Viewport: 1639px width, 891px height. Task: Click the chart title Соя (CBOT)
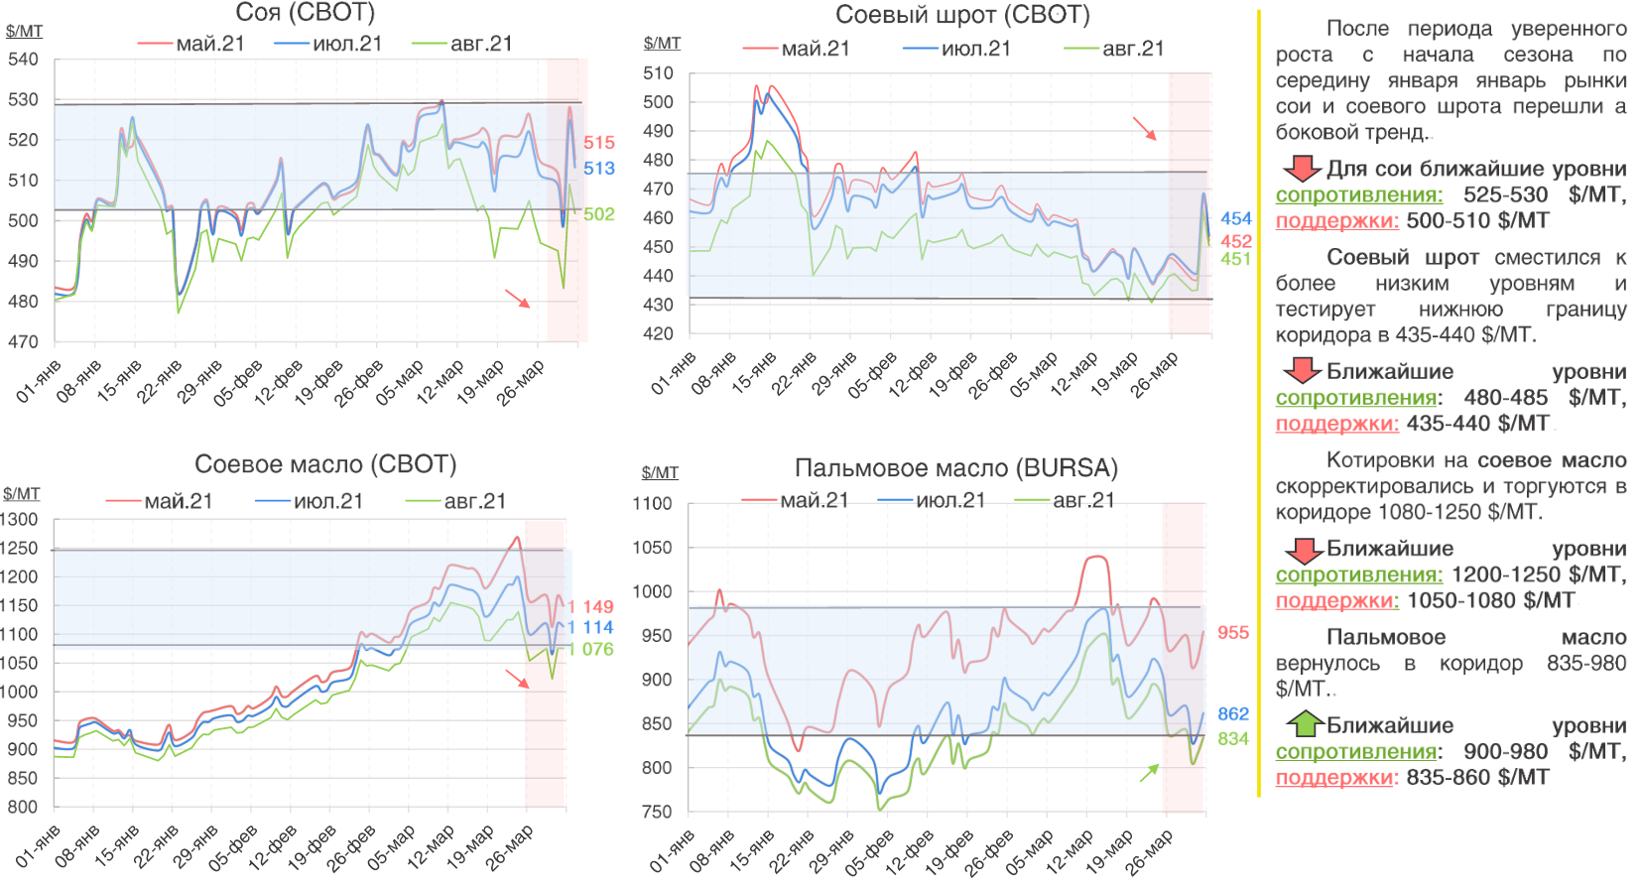(306, 13)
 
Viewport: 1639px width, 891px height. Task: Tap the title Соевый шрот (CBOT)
(962, 15)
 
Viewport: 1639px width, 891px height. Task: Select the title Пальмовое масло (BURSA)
(955, 468)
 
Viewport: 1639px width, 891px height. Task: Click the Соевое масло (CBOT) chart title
(325, 463)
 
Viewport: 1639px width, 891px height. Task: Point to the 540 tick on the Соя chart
(23, 60)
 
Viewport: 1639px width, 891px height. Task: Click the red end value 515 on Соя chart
(598, 143)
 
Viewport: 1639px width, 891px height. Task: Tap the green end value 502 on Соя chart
(598, 214)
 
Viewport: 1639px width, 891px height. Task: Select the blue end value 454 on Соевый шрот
(1236, 218)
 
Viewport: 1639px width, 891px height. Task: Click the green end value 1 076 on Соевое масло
(590, 650)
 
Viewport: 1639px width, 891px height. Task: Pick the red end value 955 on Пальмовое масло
(1233, 633)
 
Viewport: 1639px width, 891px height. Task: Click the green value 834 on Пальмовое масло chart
(1233, 739)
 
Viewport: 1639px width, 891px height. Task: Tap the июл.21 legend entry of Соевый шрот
(957, 49)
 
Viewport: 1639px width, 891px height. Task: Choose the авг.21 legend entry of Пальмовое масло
(1066, 500)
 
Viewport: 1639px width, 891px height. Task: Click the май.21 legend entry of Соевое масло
(160, 501)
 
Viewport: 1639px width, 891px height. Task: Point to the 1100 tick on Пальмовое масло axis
(652, 504)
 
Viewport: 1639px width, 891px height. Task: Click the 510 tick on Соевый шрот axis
(658, 73)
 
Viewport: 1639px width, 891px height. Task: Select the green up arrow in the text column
(1305, 724)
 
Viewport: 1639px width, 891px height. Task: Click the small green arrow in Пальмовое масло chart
(1150, 773)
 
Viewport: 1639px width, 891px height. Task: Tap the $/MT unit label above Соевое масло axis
(21, 494)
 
